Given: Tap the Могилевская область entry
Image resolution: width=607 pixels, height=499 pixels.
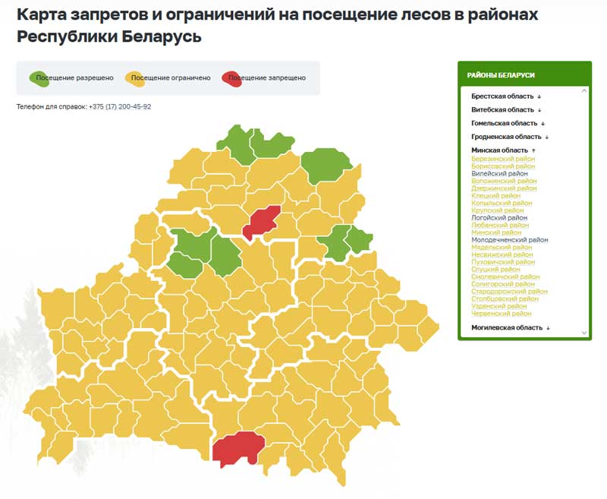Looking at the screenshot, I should coord(507,328).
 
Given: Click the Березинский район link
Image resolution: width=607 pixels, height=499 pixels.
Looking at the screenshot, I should coord(503,159).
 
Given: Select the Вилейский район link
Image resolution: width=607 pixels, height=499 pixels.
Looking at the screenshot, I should coord(499,174).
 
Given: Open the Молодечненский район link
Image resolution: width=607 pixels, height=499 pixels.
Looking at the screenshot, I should coord(509,240).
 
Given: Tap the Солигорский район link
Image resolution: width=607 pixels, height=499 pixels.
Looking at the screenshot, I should coord(503,284).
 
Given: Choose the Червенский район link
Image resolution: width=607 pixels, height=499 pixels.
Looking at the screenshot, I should coord(501,314).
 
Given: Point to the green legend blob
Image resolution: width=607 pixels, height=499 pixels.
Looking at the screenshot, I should coord(39,77).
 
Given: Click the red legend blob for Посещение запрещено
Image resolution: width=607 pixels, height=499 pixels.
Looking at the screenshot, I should coord(231,77).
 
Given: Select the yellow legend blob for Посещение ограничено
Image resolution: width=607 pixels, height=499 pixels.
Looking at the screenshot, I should coord(135,77).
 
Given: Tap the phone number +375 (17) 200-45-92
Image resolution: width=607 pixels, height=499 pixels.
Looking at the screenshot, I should coord(120,107).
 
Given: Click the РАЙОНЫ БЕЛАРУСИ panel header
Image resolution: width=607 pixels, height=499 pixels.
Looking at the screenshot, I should coord(501,75).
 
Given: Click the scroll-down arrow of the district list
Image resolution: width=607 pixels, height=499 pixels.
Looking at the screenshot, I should coord(584,333).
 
